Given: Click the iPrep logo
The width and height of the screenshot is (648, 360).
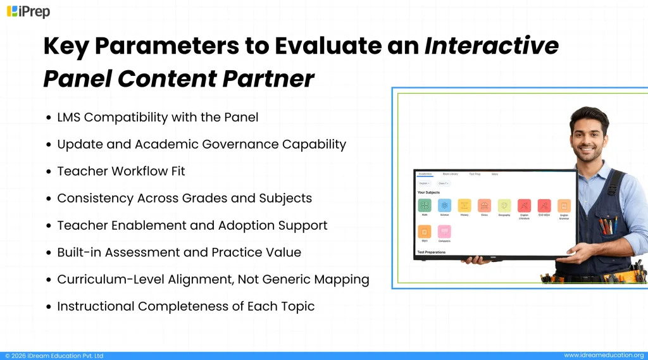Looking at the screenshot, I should click(x=28, y=11).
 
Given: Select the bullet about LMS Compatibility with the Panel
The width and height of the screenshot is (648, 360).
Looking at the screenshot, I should click(x=158, y=117).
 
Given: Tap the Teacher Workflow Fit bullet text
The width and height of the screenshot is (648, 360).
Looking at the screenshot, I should click(x=121, y=171).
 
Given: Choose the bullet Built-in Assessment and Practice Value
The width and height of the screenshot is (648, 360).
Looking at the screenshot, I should click(x=179, y=252).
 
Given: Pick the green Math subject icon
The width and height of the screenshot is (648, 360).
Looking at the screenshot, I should click(x=425, y=206).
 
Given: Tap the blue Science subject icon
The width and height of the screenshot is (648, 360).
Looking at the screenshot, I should click(x=444, y=206).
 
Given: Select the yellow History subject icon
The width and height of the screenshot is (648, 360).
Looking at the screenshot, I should click(x=464, y=206).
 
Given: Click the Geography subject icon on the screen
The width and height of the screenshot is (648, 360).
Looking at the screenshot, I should click(x=504, y=206).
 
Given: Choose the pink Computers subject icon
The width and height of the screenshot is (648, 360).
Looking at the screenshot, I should click(x=444, y=232).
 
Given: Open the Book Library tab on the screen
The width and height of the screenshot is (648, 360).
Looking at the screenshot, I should click(x=450, y=173).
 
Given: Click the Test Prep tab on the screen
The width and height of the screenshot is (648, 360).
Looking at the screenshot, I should click(x=474, y=173).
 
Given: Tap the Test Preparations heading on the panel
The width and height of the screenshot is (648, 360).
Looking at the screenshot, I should click(x=431, y=252).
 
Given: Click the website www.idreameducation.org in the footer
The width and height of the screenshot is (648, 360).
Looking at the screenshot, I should click(x=604, y=356).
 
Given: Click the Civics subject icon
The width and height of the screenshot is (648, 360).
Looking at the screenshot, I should click(x=484, y=206).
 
